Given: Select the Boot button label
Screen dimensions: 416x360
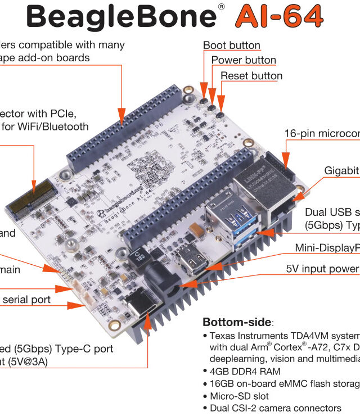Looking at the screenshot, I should [231, 46].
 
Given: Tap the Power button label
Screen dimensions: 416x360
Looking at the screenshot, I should [244, 60].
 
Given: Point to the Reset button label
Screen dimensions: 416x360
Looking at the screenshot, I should [251, 76].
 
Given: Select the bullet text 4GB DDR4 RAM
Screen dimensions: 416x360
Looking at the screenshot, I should [245, 371].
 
